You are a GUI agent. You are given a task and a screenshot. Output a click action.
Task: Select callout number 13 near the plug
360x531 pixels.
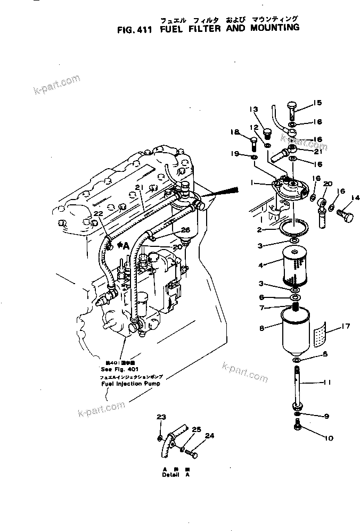[x=252, y=109]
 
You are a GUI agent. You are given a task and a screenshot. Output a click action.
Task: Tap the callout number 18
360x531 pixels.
[x=235, y=132]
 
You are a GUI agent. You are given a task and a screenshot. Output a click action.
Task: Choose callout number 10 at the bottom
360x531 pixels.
[x=328, y=438]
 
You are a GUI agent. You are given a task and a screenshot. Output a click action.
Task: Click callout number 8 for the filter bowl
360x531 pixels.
[x=261, y=328]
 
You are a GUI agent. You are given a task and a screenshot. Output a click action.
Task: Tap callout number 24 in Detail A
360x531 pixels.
[x=209, y=436]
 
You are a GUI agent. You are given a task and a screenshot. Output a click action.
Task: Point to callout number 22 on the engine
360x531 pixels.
[x=97, y=213]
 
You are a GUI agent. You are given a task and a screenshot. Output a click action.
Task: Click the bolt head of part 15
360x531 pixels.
[x=292, y=106]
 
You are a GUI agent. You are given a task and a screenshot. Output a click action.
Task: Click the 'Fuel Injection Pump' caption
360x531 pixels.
[x=131, y=383]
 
